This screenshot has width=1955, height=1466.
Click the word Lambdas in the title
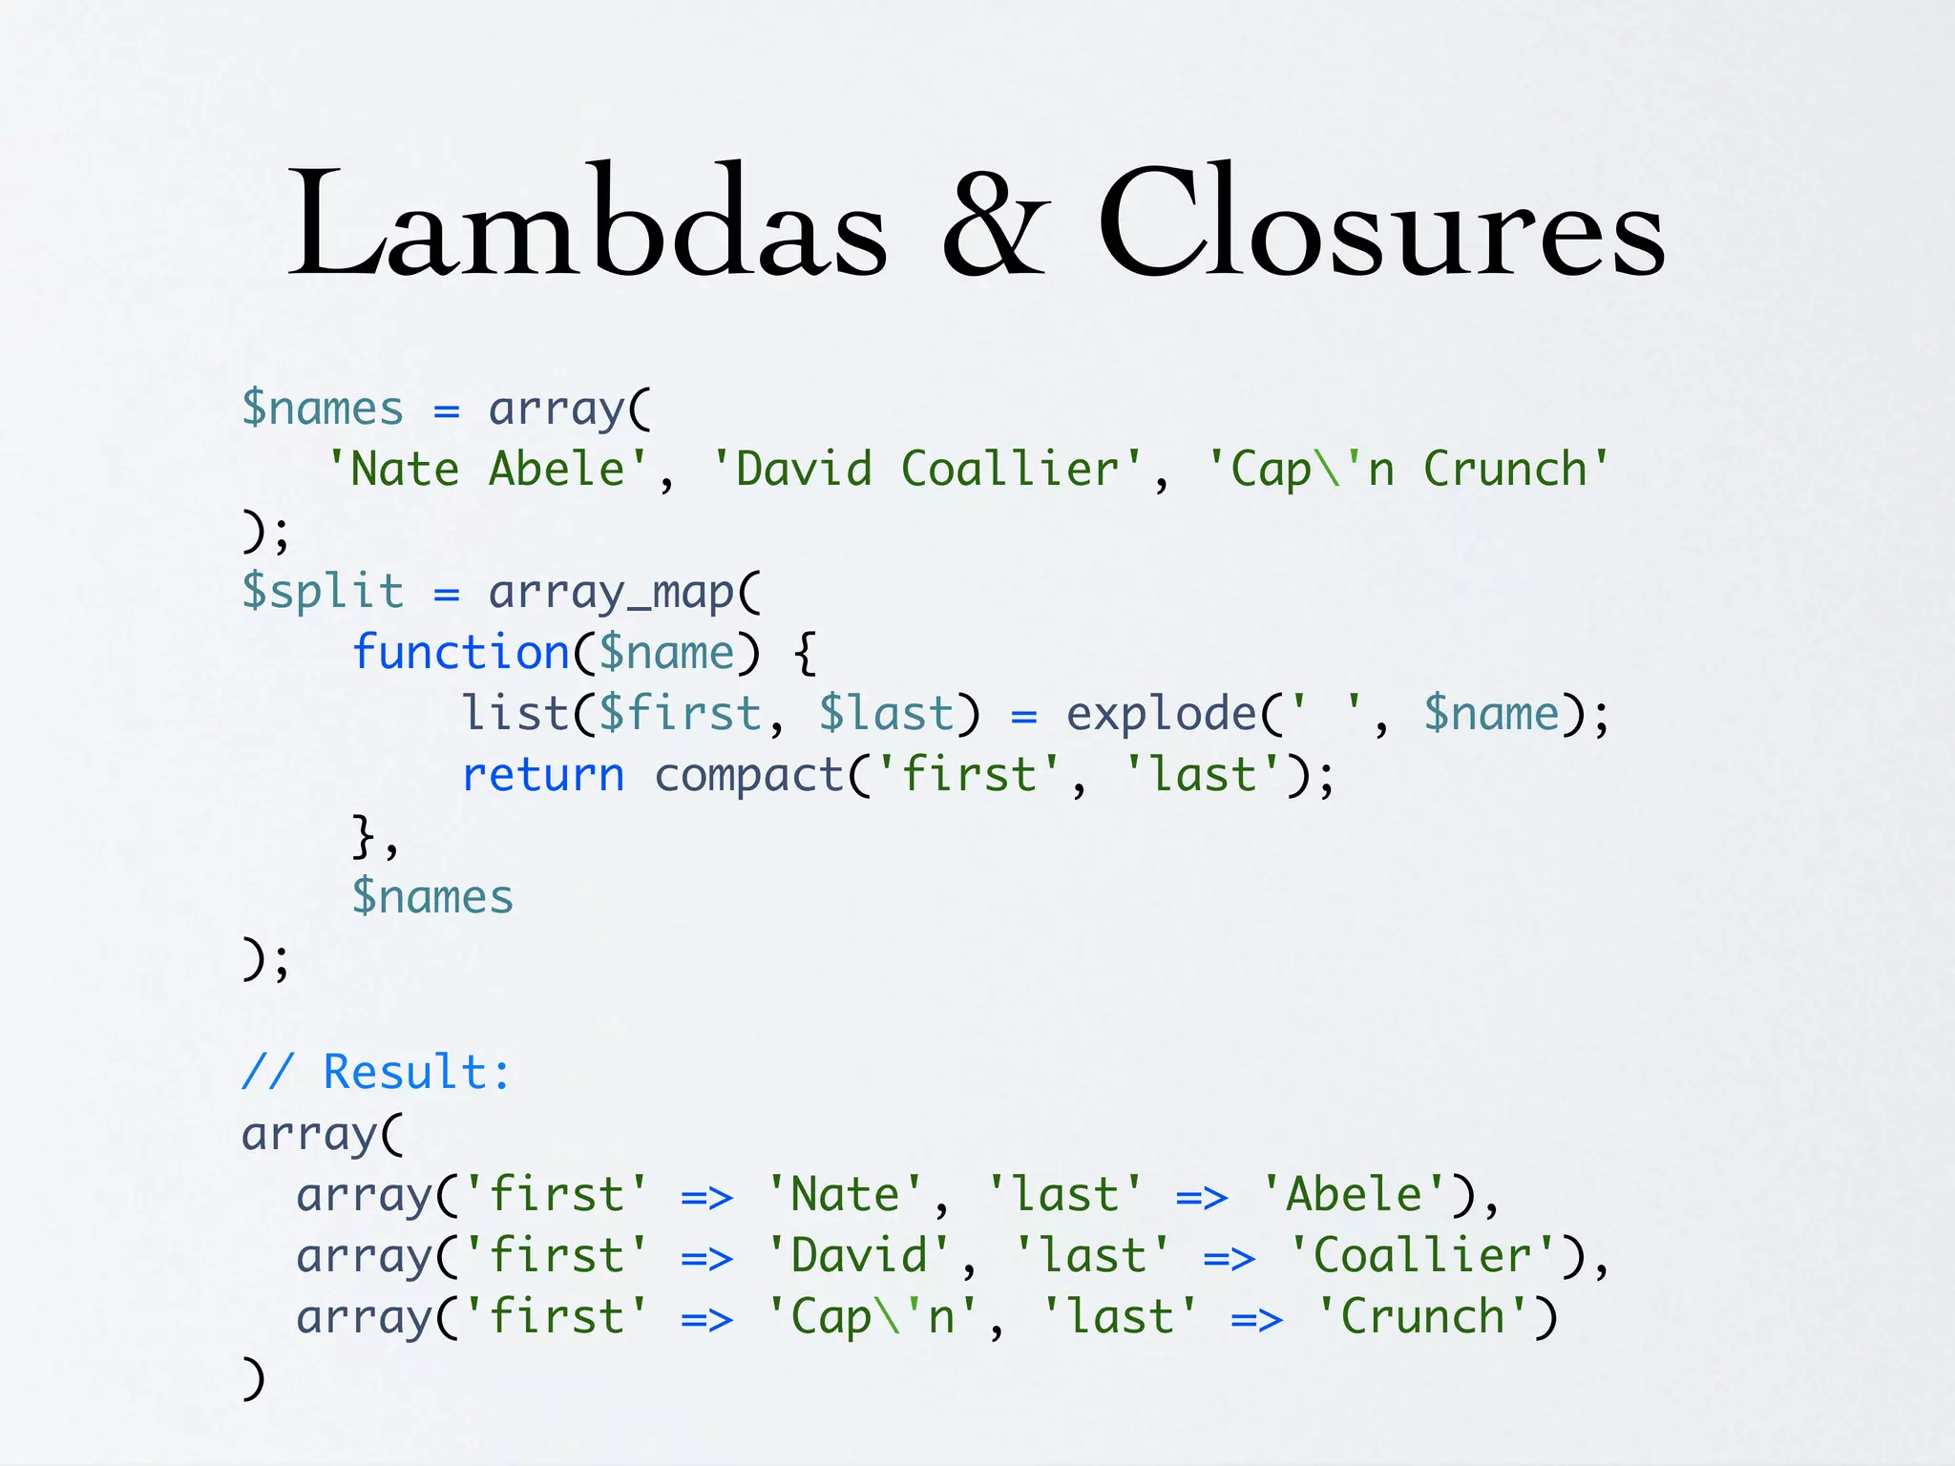click(x=588, y=223)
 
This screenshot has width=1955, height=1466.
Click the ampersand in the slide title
click(x=995, y=223)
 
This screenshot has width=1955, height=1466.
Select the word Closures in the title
click(x=1380, y=223)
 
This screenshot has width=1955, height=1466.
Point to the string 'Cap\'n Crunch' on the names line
click(x=1409, y=470)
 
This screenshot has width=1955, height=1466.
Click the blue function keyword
click(x=461, y=653)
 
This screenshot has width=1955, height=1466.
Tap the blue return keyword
click(x=543, y=775)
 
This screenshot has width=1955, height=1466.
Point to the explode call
click(x=1161, y=714)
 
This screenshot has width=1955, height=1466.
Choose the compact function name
click(x=749, y=775)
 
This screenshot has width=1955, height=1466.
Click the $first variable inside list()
click(x=680, y=714)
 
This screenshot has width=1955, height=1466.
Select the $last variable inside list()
click(x=886, y=714)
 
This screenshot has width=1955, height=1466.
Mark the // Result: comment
click(x=376, y=1072)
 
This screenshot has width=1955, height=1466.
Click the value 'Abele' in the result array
click(x=1355, y=1195)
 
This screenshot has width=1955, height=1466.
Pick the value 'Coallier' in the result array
click(x=1422, y=1256)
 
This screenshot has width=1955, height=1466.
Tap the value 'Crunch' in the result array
click(x=1423, y=1317)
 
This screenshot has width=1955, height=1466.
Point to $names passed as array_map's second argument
click(x=432, y=897)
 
